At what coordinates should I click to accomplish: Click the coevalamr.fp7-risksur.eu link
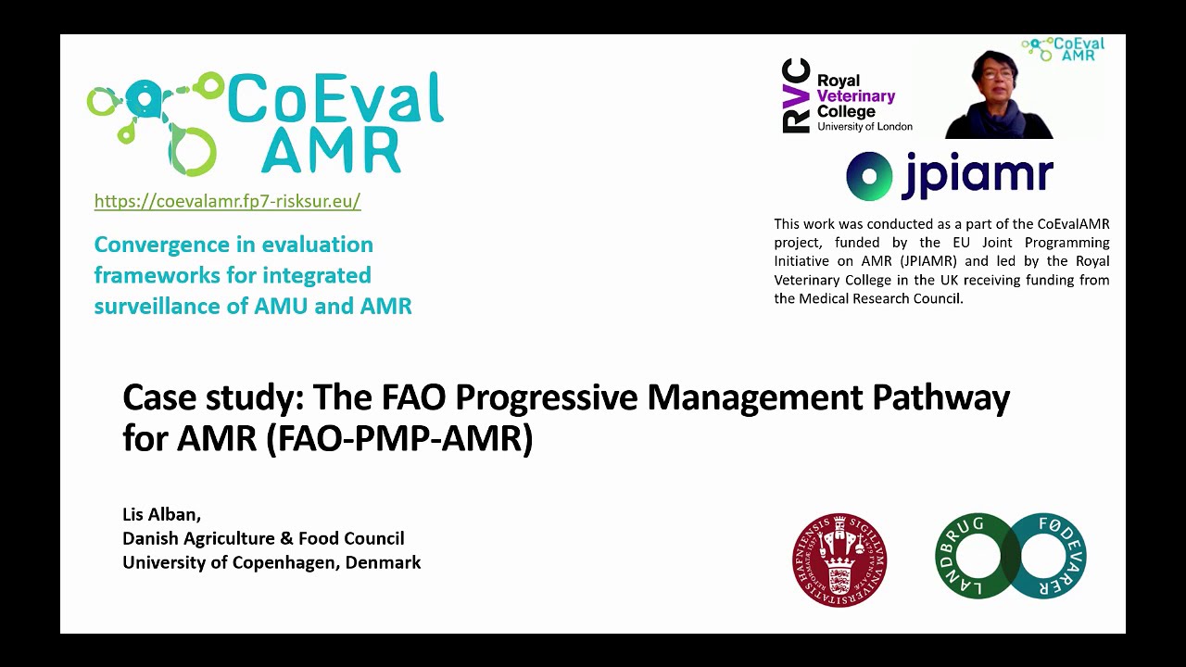tap(227, 201)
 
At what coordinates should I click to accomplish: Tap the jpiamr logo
tap(950, 176)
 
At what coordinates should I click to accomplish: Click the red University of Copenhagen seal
tap(839, 560)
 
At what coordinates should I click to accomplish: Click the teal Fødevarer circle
tap(1046, 557)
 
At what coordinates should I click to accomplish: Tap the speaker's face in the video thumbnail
tap(994, 82)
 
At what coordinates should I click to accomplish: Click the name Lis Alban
tap(161, 514)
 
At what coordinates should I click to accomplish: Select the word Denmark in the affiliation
tap(383, 562)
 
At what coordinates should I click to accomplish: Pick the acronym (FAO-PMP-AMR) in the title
tap(399, 438)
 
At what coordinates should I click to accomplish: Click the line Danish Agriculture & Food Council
tap(263, 538)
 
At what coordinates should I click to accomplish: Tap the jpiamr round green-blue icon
tap(868, 176)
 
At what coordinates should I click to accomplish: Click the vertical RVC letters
tap(796, 96)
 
